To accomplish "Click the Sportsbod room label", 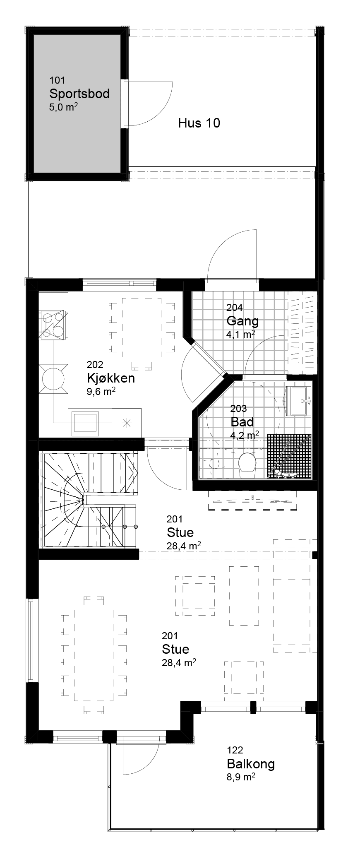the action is coord(79,94).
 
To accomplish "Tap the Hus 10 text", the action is coord(199,123).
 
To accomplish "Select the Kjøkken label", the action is coord(111,378).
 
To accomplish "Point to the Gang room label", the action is coord(242,321).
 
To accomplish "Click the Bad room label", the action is coord(242,422).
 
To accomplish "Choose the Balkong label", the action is coord(251,764).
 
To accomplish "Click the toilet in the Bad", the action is coord(248,462).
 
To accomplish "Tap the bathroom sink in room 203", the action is coord(299,401).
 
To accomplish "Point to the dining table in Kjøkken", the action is coord(142,327).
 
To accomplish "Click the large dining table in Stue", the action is coord(94,655).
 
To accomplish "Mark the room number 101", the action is coord(57,80).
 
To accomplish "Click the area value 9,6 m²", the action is coord(101,392).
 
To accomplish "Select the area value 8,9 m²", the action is coord(241,777).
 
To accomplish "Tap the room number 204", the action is coord(234,308).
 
